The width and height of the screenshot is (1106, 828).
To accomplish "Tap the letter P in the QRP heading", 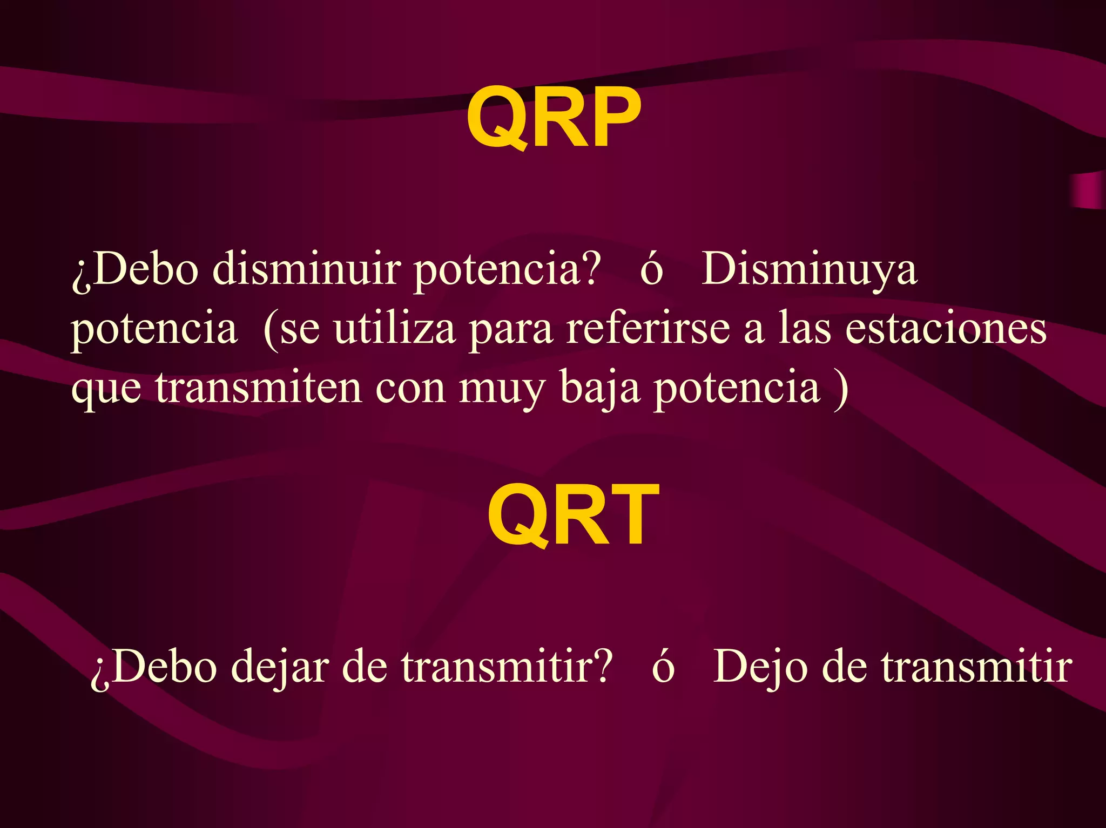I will tap(611, 118).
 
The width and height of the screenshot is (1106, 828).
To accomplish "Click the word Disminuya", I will tap(808, 270).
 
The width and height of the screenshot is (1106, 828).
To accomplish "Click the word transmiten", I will tap(258, 388).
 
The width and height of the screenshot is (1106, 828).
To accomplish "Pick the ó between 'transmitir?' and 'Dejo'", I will tap(663, 667).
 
